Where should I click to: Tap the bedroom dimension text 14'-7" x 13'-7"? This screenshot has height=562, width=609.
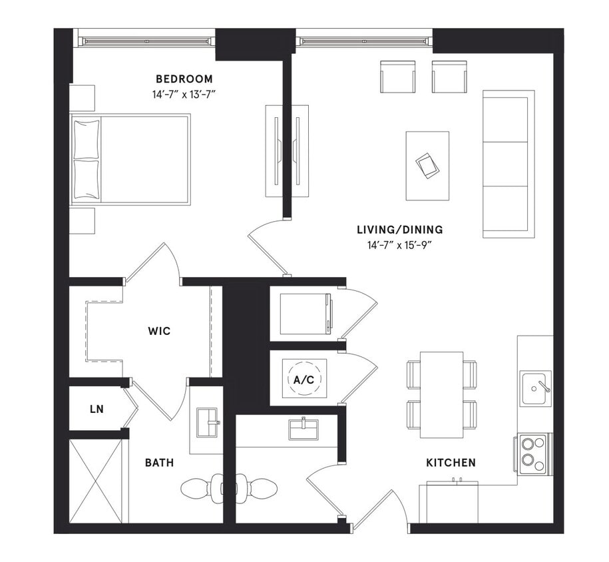pyautogui.click(x=184, y=95)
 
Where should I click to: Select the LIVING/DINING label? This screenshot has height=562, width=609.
pyautogui.click(x=399, y=230)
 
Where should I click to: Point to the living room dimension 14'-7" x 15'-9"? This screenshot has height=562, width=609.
pyautogui.click(x=399, y=245)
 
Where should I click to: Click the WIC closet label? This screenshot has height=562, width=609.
pyautogui.click(x=159, y=331)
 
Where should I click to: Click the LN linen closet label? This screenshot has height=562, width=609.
pyautogui.click(x=97, y=409)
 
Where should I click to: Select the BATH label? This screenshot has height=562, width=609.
pyautogui.click(x=160, y=462)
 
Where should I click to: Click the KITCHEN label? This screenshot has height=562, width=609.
pyautogui.click(x=451, y=462)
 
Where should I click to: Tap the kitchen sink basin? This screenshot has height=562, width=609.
pyautogui.click(x=534, y=388)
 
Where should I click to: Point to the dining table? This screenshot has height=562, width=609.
pyautogui.click(x=441, y=395)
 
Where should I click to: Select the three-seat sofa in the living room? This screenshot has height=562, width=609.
pyautogui.click(x=508, y=164)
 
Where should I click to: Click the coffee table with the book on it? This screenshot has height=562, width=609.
pyautogui.click(x=427, y=166)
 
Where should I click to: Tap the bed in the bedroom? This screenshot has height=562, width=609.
pyautogui.click(x=131, y=159)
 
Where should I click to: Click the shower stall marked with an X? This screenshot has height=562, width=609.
pyautogui.click(x=96, y=481)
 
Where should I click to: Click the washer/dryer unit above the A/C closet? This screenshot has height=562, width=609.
pyautogui.click(x=305, y=314)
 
